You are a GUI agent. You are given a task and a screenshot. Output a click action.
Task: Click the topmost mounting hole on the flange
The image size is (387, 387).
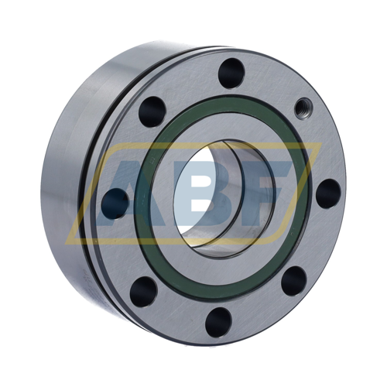point(231,73)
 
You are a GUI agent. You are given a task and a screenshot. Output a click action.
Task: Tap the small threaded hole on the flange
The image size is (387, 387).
point(303,108)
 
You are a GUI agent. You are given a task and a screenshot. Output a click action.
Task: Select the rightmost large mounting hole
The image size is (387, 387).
point(328,193)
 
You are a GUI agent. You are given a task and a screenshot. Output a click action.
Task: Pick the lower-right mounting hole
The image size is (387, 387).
point(294,281)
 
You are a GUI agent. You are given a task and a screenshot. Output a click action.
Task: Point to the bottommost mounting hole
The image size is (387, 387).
point(218,322)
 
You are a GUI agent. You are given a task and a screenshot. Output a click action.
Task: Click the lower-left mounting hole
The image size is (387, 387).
point(143,292)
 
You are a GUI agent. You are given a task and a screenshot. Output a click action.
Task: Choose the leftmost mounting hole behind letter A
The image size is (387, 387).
point(115,204)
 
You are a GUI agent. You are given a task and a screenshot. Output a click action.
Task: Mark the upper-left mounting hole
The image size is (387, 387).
point(152,111)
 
